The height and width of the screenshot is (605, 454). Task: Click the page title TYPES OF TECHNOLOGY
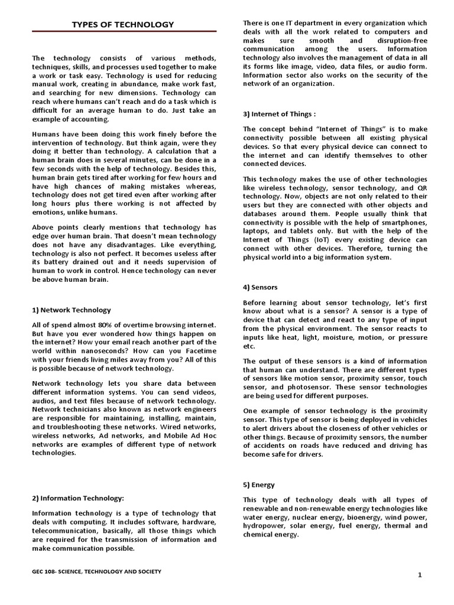pyautogui.click(x=123, y=24)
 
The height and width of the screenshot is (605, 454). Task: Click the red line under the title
pyautogui.click(x=124, y=31)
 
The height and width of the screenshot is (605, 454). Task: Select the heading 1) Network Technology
pyautogui.click(x=71, y=310)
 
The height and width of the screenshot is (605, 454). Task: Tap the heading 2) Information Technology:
pyautogui.click(x=77, y=498)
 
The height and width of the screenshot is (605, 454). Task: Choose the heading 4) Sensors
pyautogui.click(x=260, y=287)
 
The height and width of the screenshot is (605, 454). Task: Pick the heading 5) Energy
pyautogui.click(x=259, y=484)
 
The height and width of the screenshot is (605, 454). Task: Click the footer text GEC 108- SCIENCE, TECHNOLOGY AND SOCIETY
pyautogui.click(x=96, y=571)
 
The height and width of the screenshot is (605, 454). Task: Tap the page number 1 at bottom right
pyautogui.click(x=419, y=575)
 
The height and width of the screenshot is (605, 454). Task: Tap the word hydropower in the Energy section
pyautogui.click(x=264, y=525)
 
